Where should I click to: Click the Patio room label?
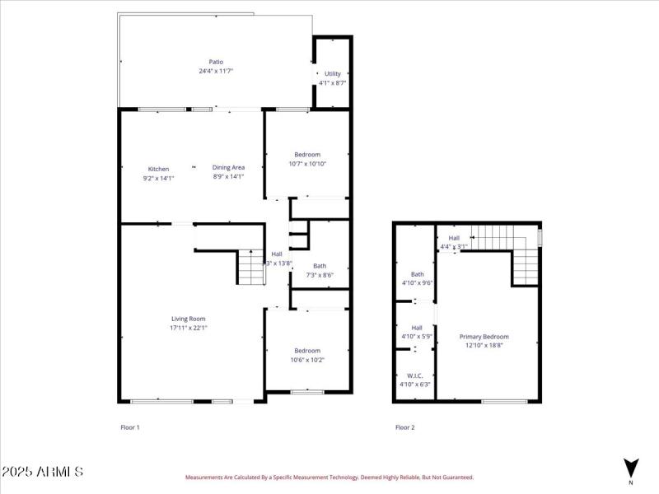tap(216, 62)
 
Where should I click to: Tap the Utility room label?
tap(332, 73)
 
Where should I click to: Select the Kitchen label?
tap(158, 169)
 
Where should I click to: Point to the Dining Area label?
tap(228, 167)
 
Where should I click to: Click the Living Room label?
tap(188, 319)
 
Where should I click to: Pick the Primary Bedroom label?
tap(484, 336)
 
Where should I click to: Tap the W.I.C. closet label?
tap(415, 375)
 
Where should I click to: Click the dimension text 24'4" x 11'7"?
tap(216, 71)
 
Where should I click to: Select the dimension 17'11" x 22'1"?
tap(188, 328)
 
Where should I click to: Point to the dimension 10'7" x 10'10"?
tap(307, 163)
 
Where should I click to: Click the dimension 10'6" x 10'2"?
tap(307, 359)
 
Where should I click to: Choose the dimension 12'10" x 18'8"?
tap(484, 345)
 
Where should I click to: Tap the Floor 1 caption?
tap(130, 427)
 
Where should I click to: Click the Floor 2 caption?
tap(404, 427)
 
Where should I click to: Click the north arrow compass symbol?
tap(630, 467)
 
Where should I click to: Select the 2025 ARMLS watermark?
tap(42, 472)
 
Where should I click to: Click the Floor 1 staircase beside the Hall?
tap(250, 268)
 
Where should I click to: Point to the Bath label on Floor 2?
tap(417, 274)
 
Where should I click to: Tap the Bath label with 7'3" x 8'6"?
tap(319, 266)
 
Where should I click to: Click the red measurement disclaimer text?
tap(329, 477)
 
